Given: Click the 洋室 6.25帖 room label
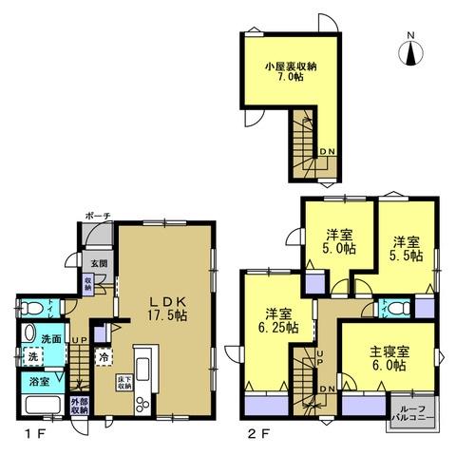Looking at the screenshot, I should [x=277, y=319].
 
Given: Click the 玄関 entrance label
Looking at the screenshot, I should [x=100, y=263].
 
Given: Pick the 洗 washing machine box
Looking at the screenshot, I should [x=32, y=357].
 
